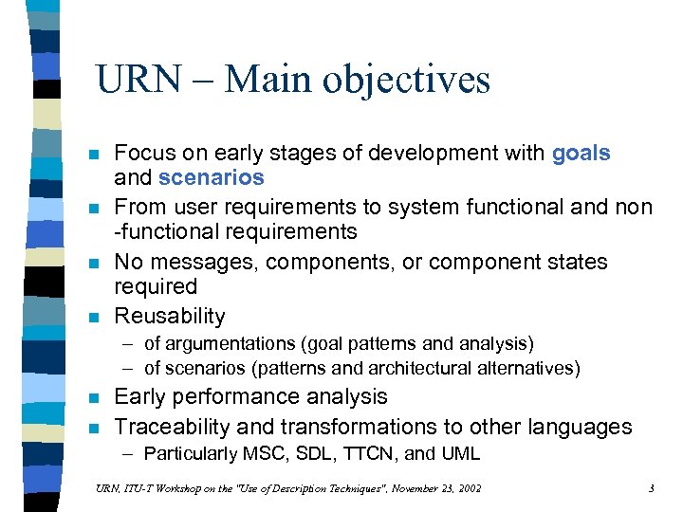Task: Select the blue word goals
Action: click(x=581, y=153)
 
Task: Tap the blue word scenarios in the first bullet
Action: click(x=212, y=177)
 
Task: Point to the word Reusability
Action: click(x=170, y=316)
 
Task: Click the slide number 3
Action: click(x=652, y=488)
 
